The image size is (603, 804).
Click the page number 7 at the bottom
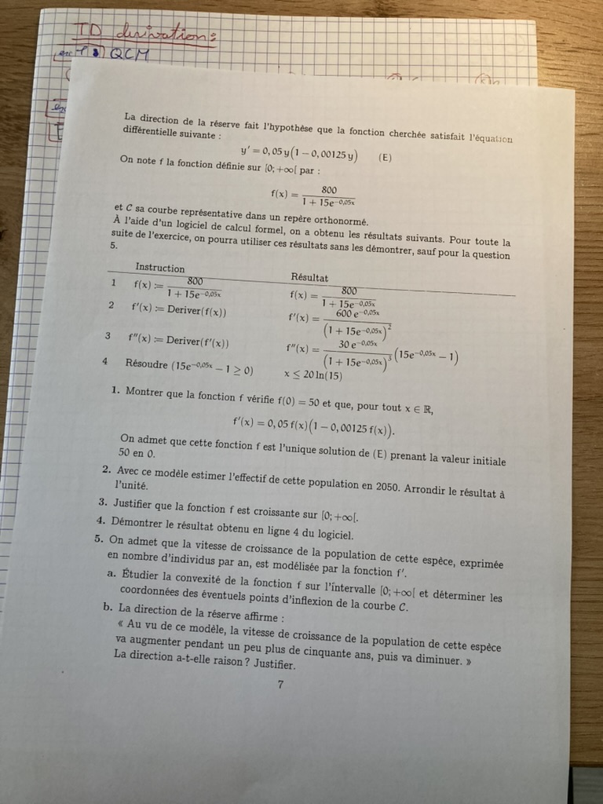point(280,684)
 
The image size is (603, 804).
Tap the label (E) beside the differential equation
point(385,156)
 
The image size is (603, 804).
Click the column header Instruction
point(160,268)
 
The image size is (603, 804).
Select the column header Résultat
point(309,277)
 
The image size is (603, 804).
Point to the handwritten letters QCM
point(130,54)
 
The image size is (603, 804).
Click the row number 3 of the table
point(108,335)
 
